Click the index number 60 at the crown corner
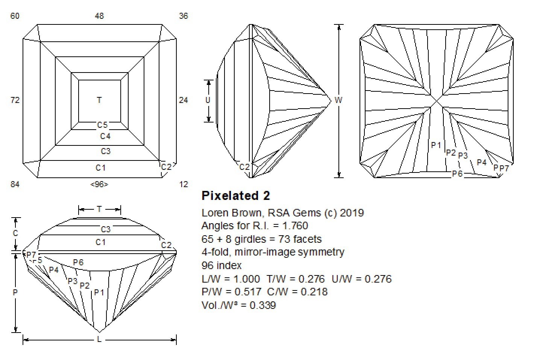coord(15,16)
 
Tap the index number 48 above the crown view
coord(99,16)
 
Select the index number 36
coord(183,16)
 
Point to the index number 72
coord(15,100)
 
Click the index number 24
coord(183,100)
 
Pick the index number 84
coord(15,184)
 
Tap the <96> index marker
coord(99,184)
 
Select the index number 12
coord(183,184)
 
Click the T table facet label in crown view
coord(99,100)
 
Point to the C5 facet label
coord(103,125)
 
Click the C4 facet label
coord(105,136)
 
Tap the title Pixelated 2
coord(236,196)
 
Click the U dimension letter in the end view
coord(208,100)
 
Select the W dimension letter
coord(338,100)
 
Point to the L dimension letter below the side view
coord(99,339)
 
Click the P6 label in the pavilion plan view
coord(457,174)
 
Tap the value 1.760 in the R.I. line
coord(295,225)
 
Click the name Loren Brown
coord(232,213)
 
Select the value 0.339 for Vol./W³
coord(263,305)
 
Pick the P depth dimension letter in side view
coord(15,292)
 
